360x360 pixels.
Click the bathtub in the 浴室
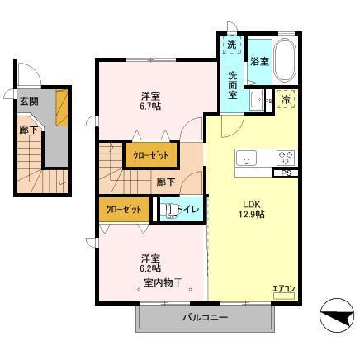point(286,61)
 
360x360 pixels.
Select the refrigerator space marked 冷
point(285,100)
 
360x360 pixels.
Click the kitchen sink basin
point(246,158)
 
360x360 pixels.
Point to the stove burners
point(285,158)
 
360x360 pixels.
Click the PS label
point(285,173)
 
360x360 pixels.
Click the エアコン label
point(282,288)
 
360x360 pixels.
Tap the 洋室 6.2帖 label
point(150,263)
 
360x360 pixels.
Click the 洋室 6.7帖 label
point(149,102)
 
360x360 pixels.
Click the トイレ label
point(187,211)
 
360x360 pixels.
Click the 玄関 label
point(29,101)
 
